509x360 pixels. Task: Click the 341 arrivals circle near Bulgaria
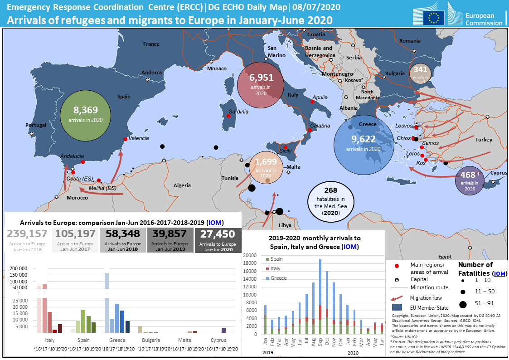421,69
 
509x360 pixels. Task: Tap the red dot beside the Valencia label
125,139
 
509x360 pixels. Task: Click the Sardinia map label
238,112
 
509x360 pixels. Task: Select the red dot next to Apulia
312,102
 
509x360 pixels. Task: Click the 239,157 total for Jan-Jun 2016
27,234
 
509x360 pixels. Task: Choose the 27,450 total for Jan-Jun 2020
218,234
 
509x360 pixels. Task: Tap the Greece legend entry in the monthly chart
278,278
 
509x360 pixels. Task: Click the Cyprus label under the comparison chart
218,340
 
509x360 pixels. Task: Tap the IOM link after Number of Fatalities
500,273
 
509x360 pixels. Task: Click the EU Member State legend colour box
397,307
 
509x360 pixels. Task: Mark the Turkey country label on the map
484,140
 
